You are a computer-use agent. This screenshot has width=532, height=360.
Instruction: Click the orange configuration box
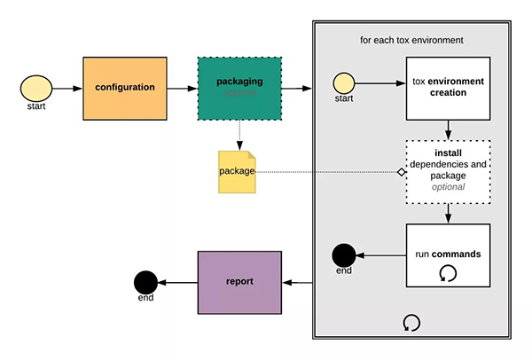tap(125, 88)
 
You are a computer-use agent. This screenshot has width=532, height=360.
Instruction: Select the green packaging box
tap(239, 88)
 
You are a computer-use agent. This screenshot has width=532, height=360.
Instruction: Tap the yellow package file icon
tap(237, 170)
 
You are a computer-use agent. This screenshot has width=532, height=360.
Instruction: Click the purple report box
tap(239, 282)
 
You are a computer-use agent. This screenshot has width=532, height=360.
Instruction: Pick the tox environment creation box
tap(449, 88)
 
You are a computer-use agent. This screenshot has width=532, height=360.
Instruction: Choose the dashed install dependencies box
tap(449, 170)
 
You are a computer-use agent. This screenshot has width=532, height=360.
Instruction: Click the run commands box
tap(449, 255)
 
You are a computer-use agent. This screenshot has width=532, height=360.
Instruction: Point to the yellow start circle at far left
tap(35, 88)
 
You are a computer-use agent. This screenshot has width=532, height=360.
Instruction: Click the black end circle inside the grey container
tap(344, 255)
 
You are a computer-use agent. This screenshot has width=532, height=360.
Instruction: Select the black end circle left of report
tap(145, 283)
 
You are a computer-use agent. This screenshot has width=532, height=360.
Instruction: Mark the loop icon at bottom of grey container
tap(411, 322)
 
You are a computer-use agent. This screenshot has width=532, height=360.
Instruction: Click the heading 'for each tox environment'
tap(411, 41)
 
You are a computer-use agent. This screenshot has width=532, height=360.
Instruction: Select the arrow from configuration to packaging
tap(181, 88)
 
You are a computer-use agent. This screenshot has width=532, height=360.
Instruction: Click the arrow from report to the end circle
tap(176, 283)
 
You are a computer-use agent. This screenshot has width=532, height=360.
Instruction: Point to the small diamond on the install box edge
tap(402, 170)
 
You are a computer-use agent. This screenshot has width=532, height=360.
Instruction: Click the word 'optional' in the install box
tap(449, 187)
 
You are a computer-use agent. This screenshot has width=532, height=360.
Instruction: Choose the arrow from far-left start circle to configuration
tap(66, 88)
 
